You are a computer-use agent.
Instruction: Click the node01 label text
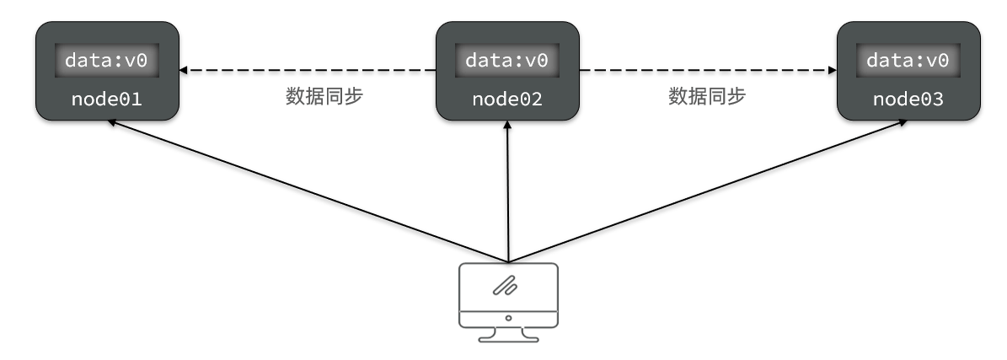(x=106, y=99)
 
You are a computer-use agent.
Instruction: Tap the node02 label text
(x=507, y=99)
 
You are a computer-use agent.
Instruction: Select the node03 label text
(x=908, y=99)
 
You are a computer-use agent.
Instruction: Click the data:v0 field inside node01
(x=106, y=60)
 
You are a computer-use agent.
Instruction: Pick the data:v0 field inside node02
(x=507, y=60)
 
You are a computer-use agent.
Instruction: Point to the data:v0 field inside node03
(x=908, y=60)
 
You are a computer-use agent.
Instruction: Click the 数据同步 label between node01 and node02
(x=324, y=96)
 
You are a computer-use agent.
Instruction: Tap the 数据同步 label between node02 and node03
(x=707, y=96)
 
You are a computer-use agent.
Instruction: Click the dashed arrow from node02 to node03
(x=708, y=70)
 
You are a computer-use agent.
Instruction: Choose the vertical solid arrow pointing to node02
(x=507, y=194)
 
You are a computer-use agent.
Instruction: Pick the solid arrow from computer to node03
(x=708, y=190)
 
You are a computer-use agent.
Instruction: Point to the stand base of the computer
(x=507, y=339)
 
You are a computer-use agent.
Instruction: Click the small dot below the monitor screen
(x=507, y=319)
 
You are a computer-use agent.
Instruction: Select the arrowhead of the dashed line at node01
(x=184, y=70)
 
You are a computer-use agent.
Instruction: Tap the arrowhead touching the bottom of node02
(x=507, y=125)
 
